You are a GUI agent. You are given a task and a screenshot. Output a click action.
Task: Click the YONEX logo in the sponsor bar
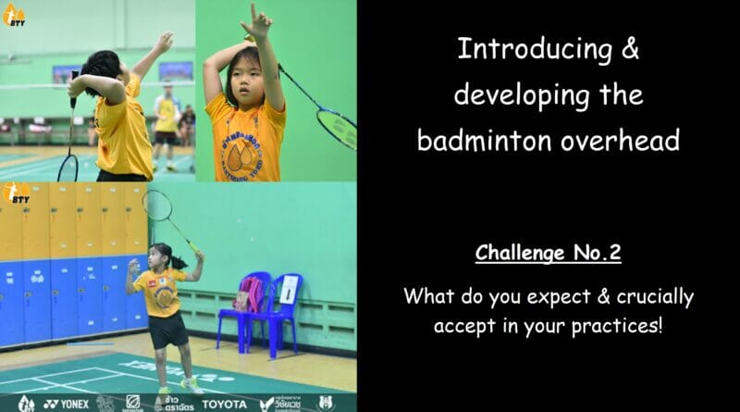click(66, 404)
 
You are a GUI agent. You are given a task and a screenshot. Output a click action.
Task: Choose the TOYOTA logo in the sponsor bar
click(226, 404)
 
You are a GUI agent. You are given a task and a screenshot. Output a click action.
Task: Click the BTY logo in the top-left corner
click(14, 13)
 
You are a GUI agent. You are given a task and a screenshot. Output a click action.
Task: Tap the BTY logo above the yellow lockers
click(16, 194)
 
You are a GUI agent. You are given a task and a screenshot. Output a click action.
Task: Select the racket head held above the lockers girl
click(157, 206)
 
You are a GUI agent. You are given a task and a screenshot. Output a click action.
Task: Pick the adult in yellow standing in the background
click(166, 116)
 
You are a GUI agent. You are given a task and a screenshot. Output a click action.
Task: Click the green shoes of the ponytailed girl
click(191, 384)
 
